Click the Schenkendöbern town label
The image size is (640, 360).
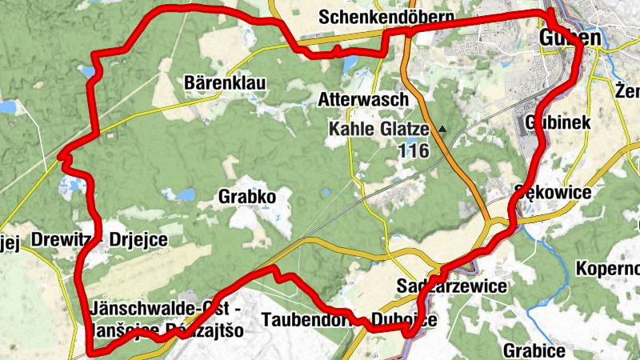click(386, 17)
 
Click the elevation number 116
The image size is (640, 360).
click(413, 150)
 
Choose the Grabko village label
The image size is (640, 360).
click(246, 197)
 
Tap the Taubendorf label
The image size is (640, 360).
click(309, 320)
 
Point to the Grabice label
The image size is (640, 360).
click(534, 350)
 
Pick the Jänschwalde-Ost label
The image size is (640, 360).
click(160, 308)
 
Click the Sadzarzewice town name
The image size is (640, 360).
click(451, 286)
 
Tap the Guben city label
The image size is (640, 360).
click(570, 38)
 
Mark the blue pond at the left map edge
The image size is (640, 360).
click(8, 106)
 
